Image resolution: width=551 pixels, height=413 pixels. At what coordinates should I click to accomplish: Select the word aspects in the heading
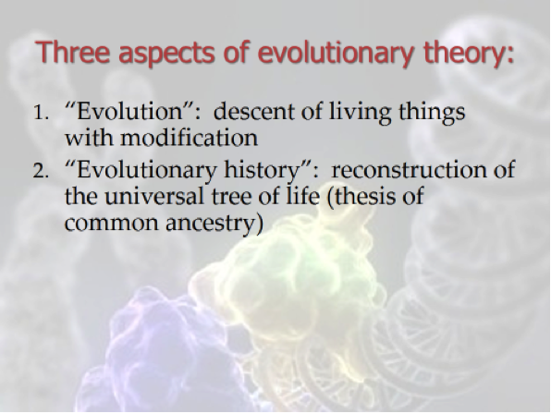tap(166, 55)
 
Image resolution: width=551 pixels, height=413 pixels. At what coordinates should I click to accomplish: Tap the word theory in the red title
tap(465, 55)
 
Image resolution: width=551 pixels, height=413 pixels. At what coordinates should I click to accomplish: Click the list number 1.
tap(41, 113)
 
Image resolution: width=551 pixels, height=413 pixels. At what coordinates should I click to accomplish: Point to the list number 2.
tap(41, 171)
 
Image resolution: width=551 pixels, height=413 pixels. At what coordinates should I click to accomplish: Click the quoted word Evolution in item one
tap(129, 111)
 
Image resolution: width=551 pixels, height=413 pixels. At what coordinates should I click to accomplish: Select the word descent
tap(253, 112)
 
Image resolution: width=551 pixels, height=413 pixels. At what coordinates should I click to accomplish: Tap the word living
tap(361, 113)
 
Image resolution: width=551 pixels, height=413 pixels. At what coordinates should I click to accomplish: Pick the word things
tap(432, 113)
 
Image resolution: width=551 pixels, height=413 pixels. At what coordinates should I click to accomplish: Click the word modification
tap(189, 138)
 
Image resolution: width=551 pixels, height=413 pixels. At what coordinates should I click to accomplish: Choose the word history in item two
tap(263, 171)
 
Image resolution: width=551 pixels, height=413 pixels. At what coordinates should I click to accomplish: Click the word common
tap(112, 225)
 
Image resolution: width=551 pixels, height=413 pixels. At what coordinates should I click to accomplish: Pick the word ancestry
tap(210, 225)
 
